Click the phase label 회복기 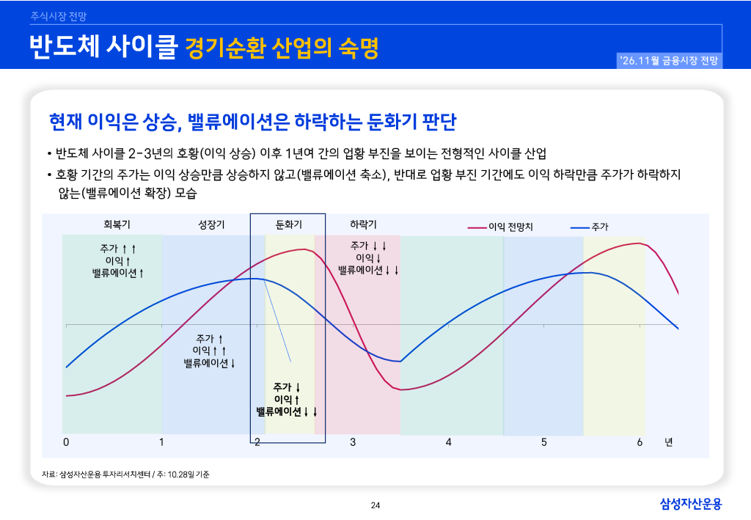click(117, 224)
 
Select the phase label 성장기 click(211, 224)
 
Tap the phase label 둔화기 click(289, 224)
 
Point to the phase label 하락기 click(363, 224)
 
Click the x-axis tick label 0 click(66, 442)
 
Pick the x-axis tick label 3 click(353, 442)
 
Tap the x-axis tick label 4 click(448, 442)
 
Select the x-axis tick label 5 click(544, 442)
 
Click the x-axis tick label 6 click(640, 442)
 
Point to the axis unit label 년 click(669, 442)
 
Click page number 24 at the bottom click(375, 505)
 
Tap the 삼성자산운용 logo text click(691, 504)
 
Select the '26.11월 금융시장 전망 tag click(669, 61)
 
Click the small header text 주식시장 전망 click(59, 16)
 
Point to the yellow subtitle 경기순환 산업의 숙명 click(282, 48)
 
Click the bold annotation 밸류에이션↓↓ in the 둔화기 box click(287, 411)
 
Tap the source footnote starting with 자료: click(125, 475)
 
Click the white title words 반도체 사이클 click(103, 46)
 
